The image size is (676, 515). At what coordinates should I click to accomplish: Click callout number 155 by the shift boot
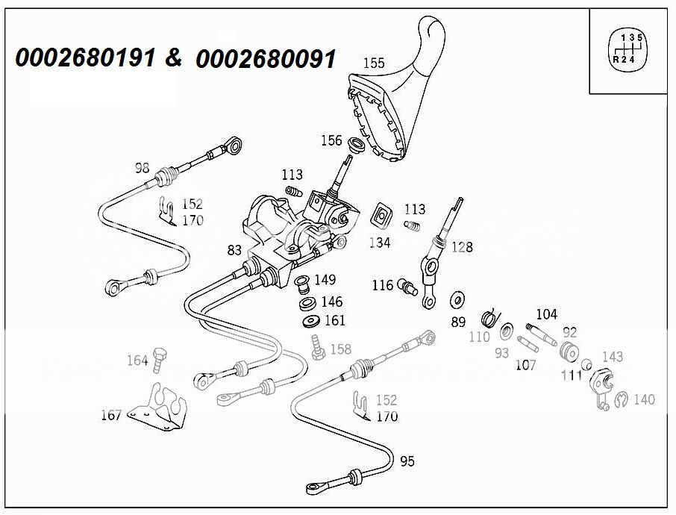[x=374, y=63]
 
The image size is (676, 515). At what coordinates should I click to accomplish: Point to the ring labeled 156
[x=357, y=144]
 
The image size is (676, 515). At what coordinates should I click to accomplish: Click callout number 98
[x=143, y=167]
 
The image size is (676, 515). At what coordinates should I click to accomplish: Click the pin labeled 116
[x=407, y=287]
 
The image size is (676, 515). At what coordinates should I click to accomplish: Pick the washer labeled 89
[x=456, y=301]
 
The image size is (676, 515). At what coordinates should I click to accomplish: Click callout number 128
[x=462, y=247]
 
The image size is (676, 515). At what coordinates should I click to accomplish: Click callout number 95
[x=407, y=461]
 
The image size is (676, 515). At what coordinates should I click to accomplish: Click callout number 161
[x=335, y=321]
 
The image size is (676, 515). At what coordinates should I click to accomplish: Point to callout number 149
[x=325, y=280]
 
